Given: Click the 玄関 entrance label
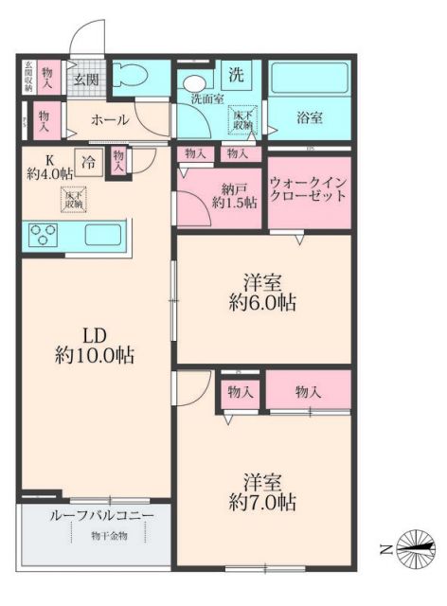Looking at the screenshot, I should coord(87,80).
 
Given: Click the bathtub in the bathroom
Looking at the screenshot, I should coord(310,79).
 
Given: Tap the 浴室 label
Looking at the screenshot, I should coord(309,118).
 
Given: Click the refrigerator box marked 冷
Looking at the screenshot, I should coord(88,161).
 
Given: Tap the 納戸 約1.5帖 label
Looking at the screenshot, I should coord(231,195).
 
